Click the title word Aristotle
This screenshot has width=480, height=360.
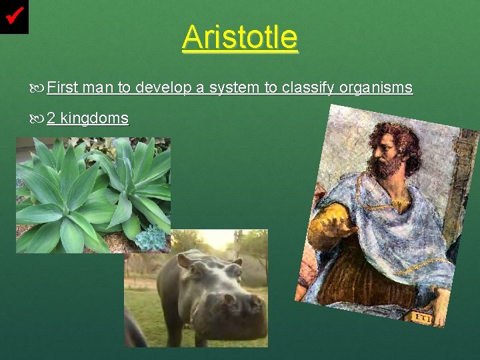tap(240, 37)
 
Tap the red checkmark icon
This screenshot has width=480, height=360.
tap(14, 15)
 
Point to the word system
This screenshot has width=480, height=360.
tap(233, 87)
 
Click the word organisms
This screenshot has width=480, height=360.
tap(376, 87)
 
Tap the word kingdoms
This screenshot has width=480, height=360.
tap(94, 119)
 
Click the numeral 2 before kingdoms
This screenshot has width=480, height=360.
tap(51, 119)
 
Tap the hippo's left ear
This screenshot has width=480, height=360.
tap(185, 260)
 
